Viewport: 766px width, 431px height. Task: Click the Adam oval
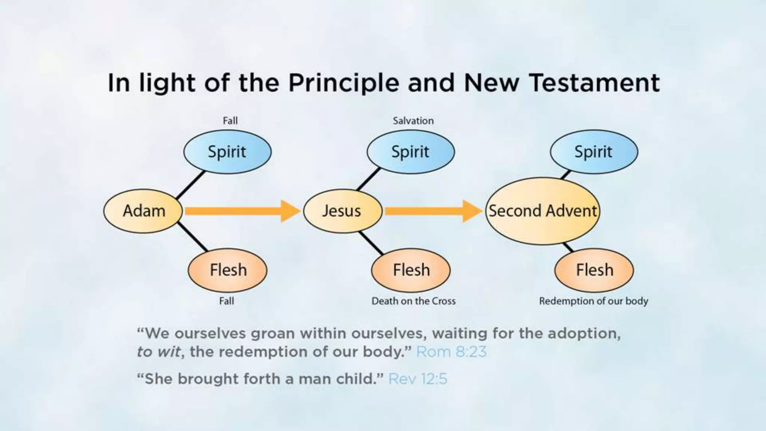click(x=143, y=211)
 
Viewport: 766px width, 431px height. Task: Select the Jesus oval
click(x=342, y=211)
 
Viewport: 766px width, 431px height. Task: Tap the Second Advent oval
click(x=542, y=211)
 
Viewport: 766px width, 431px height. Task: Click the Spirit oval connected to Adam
click(x=227, y=152)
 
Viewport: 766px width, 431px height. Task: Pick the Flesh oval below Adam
click(x=227, y=270)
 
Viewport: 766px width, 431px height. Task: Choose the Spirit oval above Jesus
click(x=410, y=152)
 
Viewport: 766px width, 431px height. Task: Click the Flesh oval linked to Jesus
click(x=411, y=270)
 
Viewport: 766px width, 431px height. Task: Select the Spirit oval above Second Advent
click(x=594, y=152)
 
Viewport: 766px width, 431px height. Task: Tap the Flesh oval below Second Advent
click(x=594, y=270)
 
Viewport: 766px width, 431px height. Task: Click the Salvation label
click(x=413, y=121)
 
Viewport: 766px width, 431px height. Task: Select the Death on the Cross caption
click(x=413, y=301)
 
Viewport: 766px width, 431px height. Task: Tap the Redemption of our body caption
click(x=593, y=301)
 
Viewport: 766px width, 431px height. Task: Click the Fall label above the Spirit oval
click(x=230, y=121)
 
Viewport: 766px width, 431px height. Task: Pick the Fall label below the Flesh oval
click(x=227, y=301)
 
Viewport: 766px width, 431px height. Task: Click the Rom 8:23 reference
click(x=451, y=352)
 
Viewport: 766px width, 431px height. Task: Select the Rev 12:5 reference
click(x=417, y=379)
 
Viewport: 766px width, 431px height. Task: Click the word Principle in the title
click(x=344, y=83)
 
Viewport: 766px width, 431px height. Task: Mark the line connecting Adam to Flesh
click(x=192, y=237)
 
